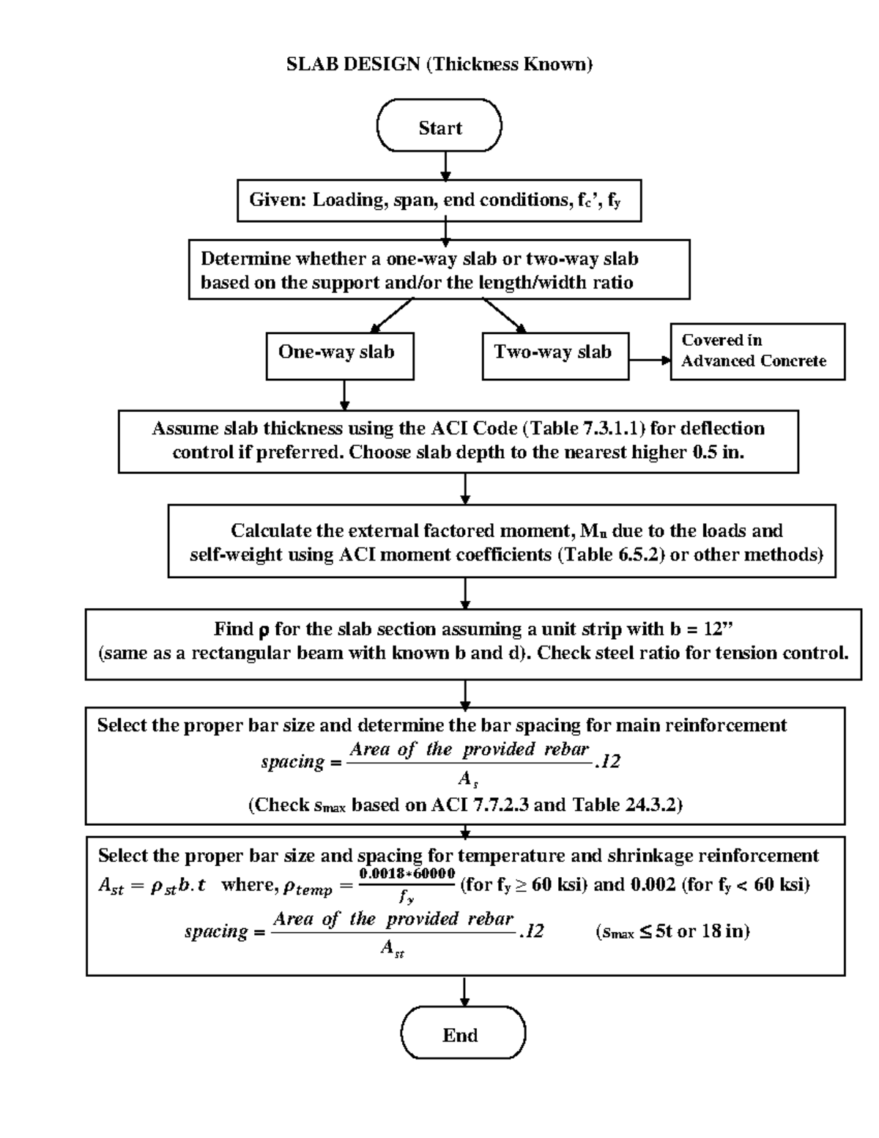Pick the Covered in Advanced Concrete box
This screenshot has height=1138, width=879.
pos(757,351)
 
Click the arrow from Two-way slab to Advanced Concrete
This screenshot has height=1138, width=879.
pos(649,360)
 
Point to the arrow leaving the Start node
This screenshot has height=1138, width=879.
pos(445,166)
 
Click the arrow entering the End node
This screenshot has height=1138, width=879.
pos(464,991)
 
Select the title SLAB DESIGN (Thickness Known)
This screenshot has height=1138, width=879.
pos(439,64)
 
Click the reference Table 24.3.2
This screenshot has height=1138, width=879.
pos(625,805)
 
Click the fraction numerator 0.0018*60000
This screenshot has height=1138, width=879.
pos(407,874)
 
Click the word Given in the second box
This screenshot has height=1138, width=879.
pos(277,200)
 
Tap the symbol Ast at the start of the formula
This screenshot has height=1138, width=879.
pos(111,886)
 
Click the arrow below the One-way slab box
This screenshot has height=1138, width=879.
pos(344,395)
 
